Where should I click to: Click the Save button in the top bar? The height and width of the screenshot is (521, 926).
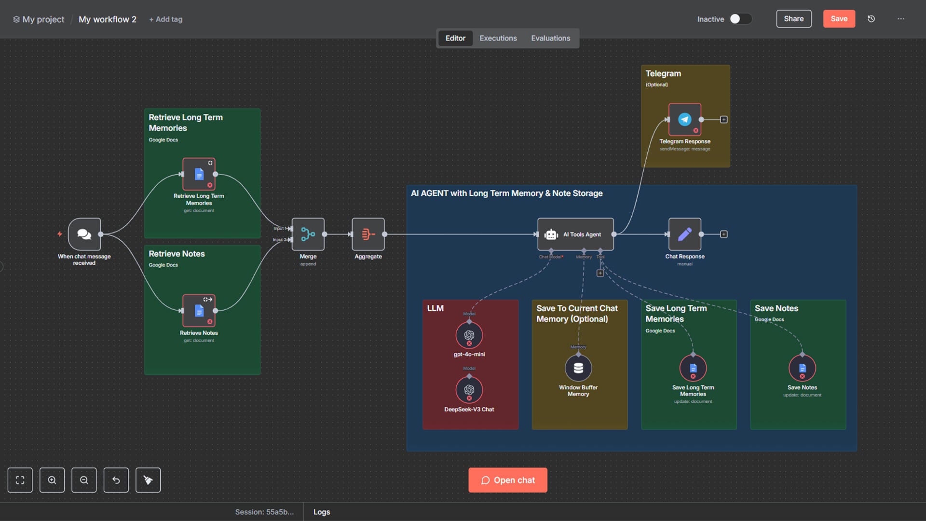click(839, 19)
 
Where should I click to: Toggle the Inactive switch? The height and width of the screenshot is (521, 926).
click(740, 19)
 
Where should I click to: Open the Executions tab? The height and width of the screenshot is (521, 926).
click(498, 38)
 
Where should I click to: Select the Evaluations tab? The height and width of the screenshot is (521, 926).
click(550, 38)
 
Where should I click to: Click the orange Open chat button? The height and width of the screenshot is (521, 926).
click(507, 480)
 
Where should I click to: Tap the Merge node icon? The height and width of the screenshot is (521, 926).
click(308, 234)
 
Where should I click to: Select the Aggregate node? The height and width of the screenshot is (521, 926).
click(368, 234)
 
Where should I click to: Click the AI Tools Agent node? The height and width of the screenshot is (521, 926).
click(575, 234)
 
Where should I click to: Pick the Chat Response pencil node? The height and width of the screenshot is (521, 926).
click(684, 234)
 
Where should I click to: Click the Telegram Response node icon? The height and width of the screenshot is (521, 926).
click(684, 120)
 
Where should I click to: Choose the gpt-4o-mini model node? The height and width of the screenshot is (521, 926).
click(469, 335)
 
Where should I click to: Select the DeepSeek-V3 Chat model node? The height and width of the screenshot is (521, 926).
click(469, 390)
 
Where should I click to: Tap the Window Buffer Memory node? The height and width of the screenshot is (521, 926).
click(578, 369)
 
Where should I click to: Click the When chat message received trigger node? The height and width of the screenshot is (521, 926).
click(84, 234)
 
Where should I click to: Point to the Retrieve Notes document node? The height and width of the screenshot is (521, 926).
click(199, 311)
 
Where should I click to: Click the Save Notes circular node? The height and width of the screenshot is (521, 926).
click(802, 369)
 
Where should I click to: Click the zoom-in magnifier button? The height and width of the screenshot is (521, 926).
click(52, 480)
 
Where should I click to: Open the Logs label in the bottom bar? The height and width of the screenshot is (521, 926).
click(322, 512)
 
